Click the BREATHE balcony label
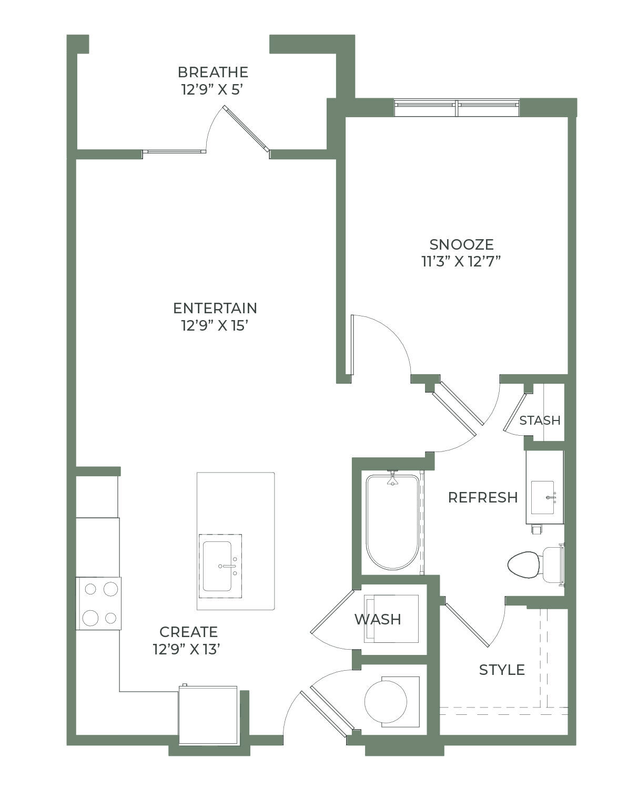coord(213,72)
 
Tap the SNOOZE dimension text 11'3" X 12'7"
coord(461,262)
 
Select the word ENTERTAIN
coord(215,308)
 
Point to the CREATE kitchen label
coord(188,632)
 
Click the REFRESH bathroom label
coord(483,497)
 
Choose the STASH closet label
coord(540,420)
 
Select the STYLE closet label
coord(502,670)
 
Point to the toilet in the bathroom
coord(535,565)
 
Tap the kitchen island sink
coord(220,566)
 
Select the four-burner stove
coord(98,603)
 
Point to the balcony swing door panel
coord(246,128)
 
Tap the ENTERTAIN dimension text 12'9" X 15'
coord(215,326)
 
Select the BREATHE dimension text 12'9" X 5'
coord(212,89)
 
